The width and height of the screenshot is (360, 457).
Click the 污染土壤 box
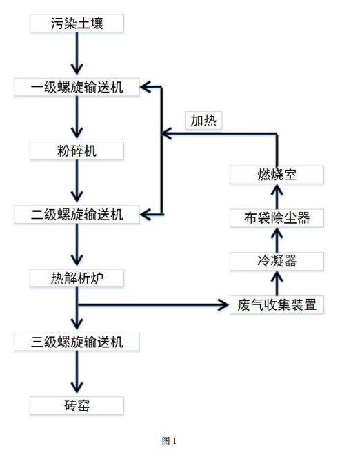(x=77, y=23)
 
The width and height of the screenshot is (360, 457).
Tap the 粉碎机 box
(x=77, y=150)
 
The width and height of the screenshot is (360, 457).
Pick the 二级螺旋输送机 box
(x=77, y=215)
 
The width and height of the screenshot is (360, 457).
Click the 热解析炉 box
(x=77, y=278)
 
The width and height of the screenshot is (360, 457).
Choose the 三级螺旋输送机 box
(x=77, y=342)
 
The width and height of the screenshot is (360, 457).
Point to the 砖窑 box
(x=77, y=405)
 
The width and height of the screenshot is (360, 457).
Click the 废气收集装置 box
(x=277, y=304)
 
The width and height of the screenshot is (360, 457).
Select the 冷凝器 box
(x=277, y=261)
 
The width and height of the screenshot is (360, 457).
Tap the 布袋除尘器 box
(x=277, y=218)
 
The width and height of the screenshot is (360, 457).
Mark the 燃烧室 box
(x=277, y=175)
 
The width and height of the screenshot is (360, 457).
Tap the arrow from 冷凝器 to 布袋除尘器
(x=277, y=240)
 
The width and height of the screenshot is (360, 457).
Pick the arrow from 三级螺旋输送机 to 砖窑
(x=77, y=373)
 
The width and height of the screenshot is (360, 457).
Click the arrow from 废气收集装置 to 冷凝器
(x=277, y=282)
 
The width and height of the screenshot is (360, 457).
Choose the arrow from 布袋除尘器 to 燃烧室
(x=277, y=196)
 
